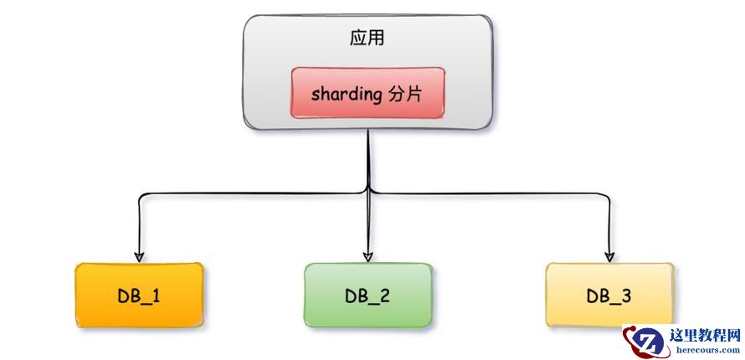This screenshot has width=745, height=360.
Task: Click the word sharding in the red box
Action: tap(347, 93)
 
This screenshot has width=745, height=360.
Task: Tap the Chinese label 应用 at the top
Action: tap(367, 39)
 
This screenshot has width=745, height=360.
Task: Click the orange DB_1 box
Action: tap(139, 295)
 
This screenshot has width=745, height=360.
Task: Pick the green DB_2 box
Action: tap(367, 295)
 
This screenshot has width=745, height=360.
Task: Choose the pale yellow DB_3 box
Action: tap(609, 295)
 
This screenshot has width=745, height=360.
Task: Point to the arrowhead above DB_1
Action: tap(139, 255)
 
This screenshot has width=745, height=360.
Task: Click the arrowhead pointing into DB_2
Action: tap(367, 255)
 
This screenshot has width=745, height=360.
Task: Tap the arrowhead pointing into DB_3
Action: tap(610, 255)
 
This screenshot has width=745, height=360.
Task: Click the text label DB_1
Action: tap(139, 296)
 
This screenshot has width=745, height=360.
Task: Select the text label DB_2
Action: tap(367, 296)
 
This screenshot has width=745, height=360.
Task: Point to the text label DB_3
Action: tap(609, 296)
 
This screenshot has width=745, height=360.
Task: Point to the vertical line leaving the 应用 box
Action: tap(368, 159)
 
